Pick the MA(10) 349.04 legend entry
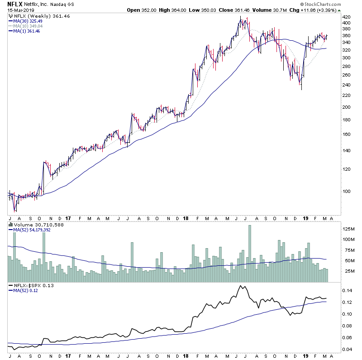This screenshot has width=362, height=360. [29, 26]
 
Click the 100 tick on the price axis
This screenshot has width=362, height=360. [347, 191]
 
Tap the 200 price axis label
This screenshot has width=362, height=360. [347, 107]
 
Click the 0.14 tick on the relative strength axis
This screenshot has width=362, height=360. [347, 290]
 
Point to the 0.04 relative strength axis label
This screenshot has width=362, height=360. [347, 349]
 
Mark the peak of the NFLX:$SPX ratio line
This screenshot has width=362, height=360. [241, 286]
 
